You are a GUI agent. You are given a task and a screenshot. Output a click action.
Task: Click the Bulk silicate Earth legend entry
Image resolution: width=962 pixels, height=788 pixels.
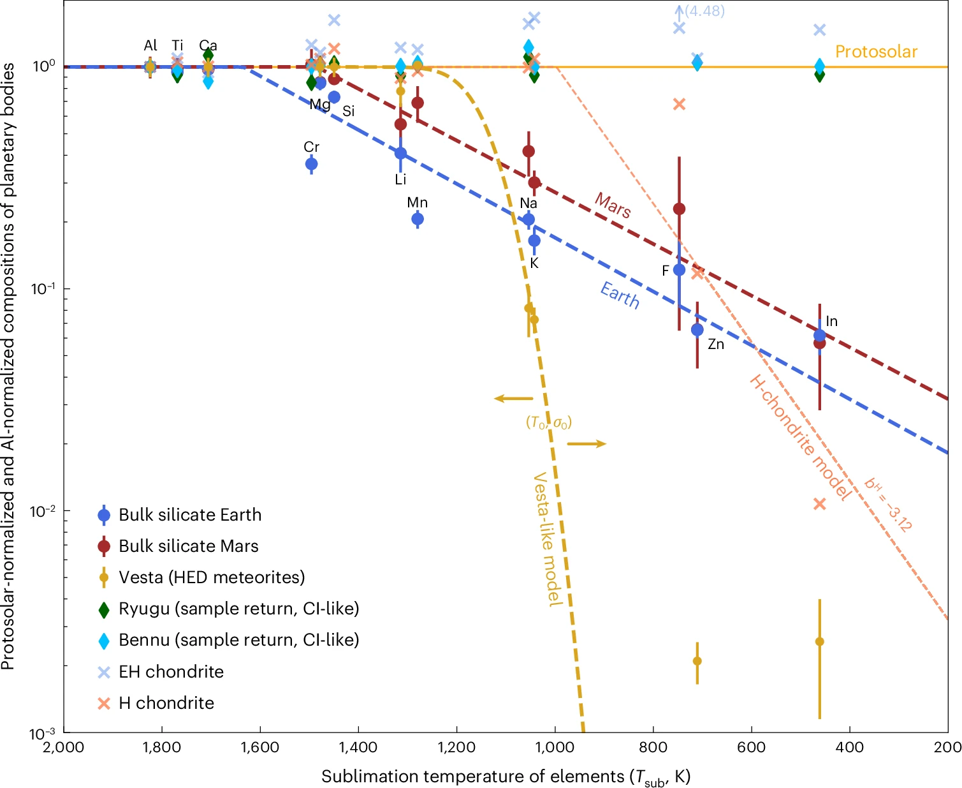(x=180, y=514)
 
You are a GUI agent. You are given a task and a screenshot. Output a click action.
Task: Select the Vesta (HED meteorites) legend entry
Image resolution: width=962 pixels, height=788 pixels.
(x=201, y=577)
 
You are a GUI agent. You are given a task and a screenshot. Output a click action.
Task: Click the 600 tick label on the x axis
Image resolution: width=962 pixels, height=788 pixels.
(x=751, y=747)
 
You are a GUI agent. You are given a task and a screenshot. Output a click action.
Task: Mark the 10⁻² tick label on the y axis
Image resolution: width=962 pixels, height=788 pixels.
(x=43, y=511)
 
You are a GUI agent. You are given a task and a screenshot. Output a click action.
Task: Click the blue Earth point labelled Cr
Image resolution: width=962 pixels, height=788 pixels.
(x=311, y=164)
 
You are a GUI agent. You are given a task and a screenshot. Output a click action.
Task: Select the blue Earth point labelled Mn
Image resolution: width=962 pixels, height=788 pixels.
(x=417, y=219)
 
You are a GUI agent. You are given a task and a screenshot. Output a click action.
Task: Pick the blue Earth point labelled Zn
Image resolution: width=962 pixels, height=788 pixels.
(x=697, y=330)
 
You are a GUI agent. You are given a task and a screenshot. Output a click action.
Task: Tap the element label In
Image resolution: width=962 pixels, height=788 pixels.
(x=831, y=322)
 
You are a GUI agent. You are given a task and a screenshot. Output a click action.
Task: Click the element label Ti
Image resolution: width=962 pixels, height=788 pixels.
(x=177, y=45)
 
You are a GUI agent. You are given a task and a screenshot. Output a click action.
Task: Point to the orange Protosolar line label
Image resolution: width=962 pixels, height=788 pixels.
(x=876, y=52)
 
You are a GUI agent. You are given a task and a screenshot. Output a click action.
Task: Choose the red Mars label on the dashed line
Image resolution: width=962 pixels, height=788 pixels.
(x=612, y=205)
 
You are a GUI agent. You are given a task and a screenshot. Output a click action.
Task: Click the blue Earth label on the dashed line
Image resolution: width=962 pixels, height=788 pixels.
(x=620, y=295)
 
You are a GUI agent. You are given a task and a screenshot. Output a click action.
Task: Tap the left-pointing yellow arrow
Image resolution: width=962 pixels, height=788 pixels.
(x=513, y=399)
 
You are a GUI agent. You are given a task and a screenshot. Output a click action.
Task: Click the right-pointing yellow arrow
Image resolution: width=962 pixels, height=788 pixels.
(x=587, y=443)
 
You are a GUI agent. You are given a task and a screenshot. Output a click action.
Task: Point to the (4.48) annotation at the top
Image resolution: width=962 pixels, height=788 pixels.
(x=704, y=11)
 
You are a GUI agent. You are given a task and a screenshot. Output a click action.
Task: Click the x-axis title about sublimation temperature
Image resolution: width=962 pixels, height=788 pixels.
(x=506, y=776)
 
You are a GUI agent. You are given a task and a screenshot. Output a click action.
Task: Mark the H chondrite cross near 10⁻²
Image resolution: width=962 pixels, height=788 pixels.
(x=819, y=504)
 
